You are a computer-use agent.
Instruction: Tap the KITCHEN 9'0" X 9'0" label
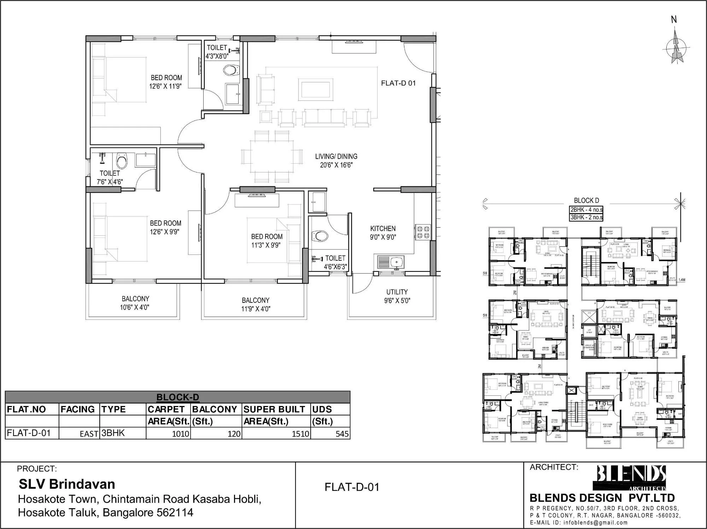click(383, 233)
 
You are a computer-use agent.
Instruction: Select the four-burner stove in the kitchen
click(423, 232)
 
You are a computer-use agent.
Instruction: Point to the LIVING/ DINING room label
click(336, 160)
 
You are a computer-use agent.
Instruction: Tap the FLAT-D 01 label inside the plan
click(398, 83)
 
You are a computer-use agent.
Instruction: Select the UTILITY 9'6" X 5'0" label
click(397, 296)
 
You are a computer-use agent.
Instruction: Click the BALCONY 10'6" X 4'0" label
click(135, 303)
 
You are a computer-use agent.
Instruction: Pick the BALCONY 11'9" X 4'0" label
click(256, 304)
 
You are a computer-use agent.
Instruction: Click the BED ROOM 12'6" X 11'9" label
click(166, 82)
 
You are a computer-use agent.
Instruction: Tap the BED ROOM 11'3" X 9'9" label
click(267, 241)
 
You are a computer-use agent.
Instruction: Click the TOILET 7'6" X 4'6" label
click(110, 177)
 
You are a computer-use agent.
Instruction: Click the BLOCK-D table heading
click(177, 397)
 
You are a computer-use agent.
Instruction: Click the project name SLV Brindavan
click(67, 484)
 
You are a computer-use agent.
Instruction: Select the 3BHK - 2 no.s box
click(586, 217)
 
